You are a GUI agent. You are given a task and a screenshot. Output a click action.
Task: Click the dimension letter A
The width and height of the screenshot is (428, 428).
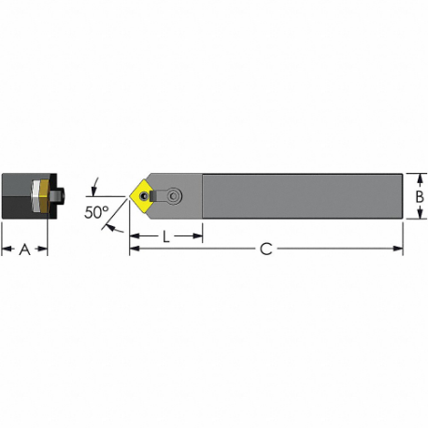coord(25,249)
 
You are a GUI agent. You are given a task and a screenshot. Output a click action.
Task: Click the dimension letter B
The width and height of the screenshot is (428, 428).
coord(420,196)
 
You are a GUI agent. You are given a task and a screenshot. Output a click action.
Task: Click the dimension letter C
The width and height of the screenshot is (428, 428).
coord(265,249)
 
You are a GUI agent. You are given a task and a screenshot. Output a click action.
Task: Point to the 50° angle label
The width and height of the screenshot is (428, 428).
coord(97,212)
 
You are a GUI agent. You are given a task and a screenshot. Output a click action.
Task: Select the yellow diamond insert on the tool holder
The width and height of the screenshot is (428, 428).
coord(147,195)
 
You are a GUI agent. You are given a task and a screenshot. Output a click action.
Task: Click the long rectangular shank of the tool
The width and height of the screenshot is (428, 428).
coord(299,196)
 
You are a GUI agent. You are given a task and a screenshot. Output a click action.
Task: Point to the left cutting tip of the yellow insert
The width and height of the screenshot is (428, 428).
coord(130,196)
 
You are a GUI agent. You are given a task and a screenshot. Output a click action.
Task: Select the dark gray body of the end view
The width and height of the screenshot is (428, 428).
coord(17,196)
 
